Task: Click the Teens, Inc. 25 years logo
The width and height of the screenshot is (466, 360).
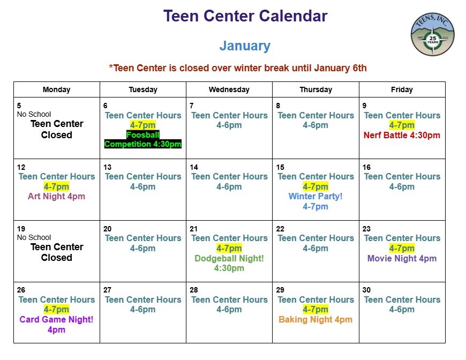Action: pos(432,34)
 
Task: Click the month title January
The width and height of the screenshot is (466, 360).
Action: pos(245,46)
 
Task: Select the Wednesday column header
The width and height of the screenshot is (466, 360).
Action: pos(229,89)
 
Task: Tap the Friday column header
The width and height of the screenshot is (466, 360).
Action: pos(402,89)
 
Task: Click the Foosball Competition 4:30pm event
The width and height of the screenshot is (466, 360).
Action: pos(143,139)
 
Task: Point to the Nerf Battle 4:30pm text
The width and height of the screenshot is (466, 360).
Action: pos(402,135)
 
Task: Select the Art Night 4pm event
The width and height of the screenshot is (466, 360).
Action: pos(56,196)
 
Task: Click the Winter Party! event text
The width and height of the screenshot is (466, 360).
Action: pos(315,197)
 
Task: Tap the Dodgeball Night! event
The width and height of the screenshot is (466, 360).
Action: pos(229,258)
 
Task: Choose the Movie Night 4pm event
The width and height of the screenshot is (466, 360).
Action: pos(402,258)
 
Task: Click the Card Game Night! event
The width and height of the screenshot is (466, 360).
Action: pos(56,320)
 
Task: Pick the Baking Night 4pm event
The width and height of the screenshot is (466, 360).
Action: pos(315,320)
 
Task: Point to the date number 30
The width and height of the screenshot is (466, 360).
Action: pos(366,290)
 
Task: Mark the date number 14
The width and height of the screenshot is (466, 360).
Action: pos(194,167)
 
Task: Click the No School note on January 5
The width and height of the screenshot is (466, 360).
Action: pos(34,114)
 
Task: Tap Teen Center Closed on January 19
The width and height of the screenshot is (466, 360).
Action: pos(56,252)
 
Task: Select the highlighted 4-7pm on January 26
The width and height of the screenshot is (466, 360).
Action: pos(56,310)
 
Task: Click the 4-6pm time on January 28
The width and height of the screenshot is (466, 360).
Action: pos(229,310)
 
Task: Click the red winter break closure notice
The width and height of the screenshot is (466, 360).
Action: pos(238,68)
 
